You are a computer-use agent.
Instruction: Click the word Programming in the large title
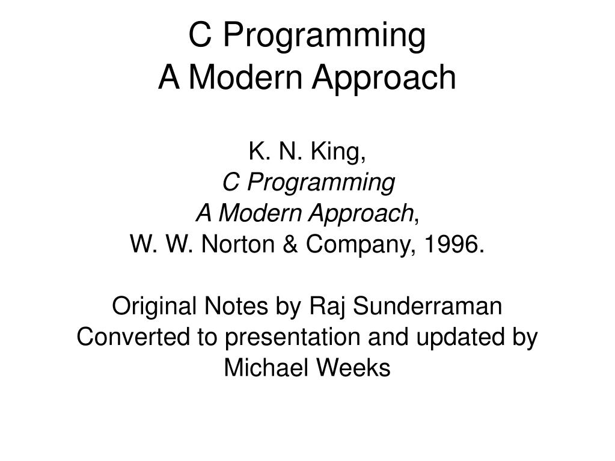pyautogui.click(x=325, y=36)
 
